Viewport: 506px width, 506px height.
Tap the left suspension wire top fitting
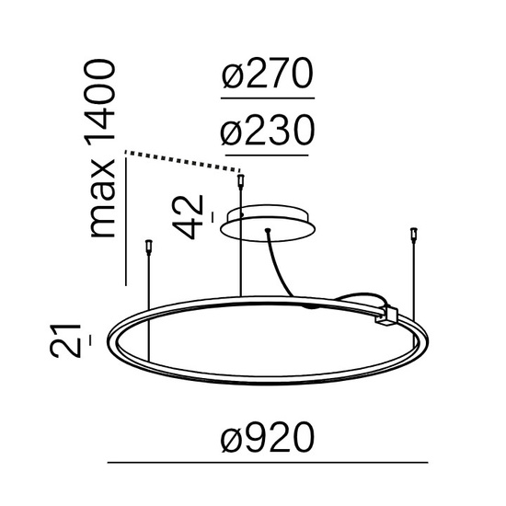click(x=148, y=244)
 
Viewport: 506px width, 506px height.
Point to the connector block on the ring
click(x=385, y=316)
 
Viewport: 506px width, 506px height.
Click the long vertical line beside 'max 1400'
click(x=124, y=221)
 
